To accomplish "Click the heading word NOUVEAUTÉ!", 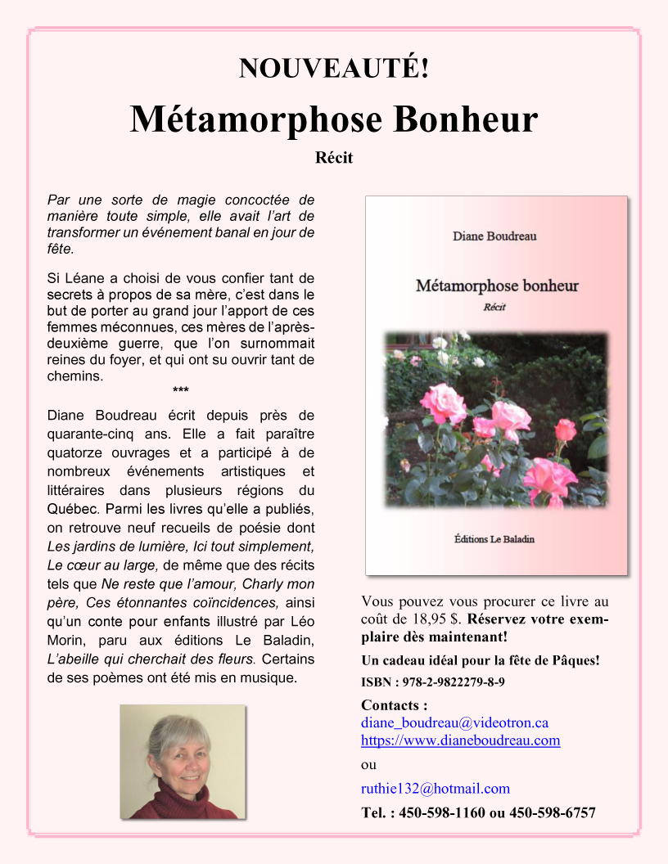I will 333,69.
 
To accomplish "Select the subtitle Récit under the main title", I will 334,158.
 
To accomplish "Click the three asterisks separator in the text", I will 180,390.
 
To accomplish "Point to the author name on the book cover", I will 494,236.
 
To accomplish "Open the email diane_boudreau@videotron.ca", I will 454,722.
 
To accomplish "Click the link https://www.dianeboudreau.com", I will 460,740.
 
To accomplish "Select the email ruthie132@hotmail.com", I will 435,789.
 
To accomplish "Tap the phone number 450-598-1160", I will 443,812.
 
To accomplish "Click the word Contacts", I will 390,705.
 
